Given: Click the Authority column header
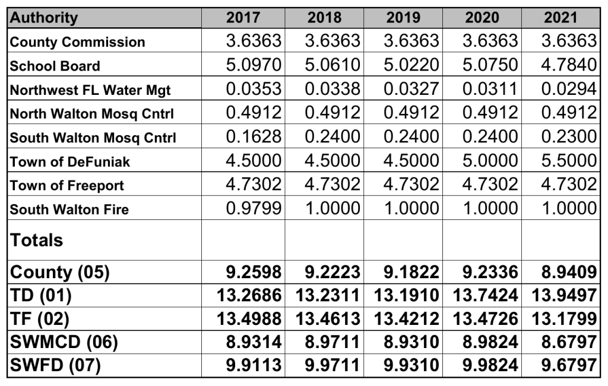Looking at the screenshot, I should pos(44,17).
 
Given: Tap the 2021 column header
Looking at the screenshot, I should pos(560,17).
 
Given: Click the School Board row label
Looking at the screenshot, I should pos(55,66).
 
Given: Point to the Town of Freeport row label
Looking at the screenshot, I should pos(67,185).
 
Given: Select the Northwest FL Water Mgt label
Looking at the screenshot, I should pos(90,90).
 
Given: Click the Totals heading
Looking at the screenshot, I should pos(36,240).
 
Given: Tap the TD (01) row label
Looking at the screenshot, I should pos(45,295).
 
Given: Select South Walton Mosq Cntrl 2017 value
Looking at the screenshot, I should pos(254,136).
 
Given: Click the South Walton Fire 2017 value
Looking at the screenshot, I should pos(254,208).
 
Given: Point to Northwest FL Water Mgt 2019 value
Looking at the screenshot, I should pos(411,88).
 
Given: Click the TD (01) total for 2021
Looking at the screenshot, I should pos(561,295).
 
